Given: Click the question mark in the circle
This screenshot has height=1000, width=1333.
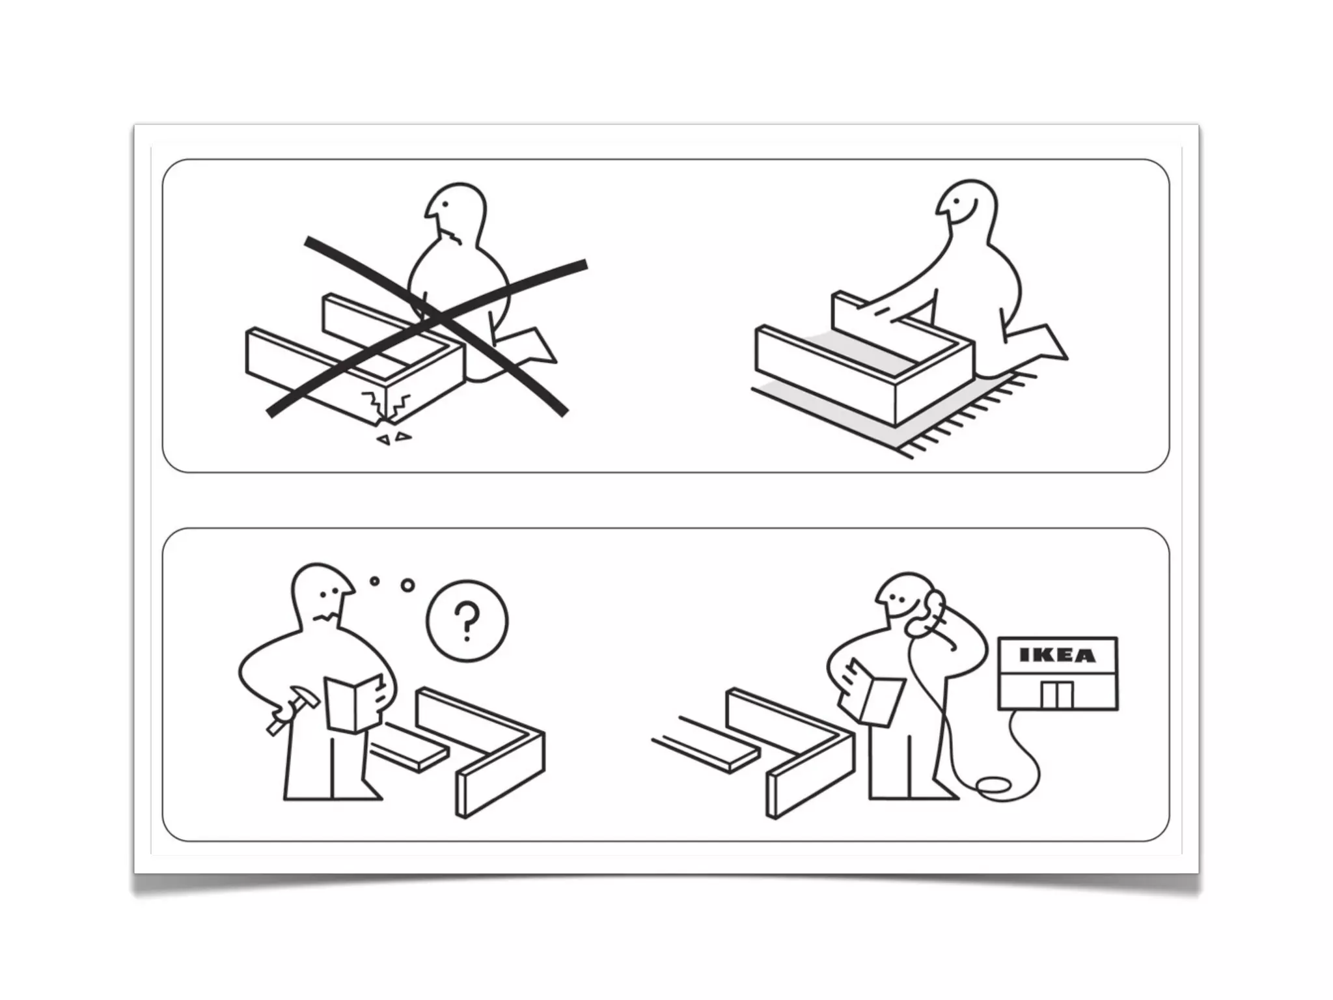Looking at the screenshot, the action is tap(467, 620).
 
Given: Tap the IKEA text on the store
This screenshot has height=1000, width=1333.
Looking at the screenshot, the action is tap(1057, 655).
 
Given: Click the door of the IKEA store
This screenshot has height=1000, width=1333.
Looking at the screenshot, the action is tap(1056, 695).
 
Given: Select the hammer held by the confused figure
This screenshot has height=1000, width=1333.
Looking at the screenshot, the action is tap(292, 710).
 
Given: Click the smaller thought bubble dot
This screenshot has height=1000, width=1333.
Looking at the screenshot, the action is tap(374, 581).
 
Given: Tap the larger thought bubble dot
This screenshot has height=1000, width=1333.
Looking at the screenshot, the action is tap(408, 585).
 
